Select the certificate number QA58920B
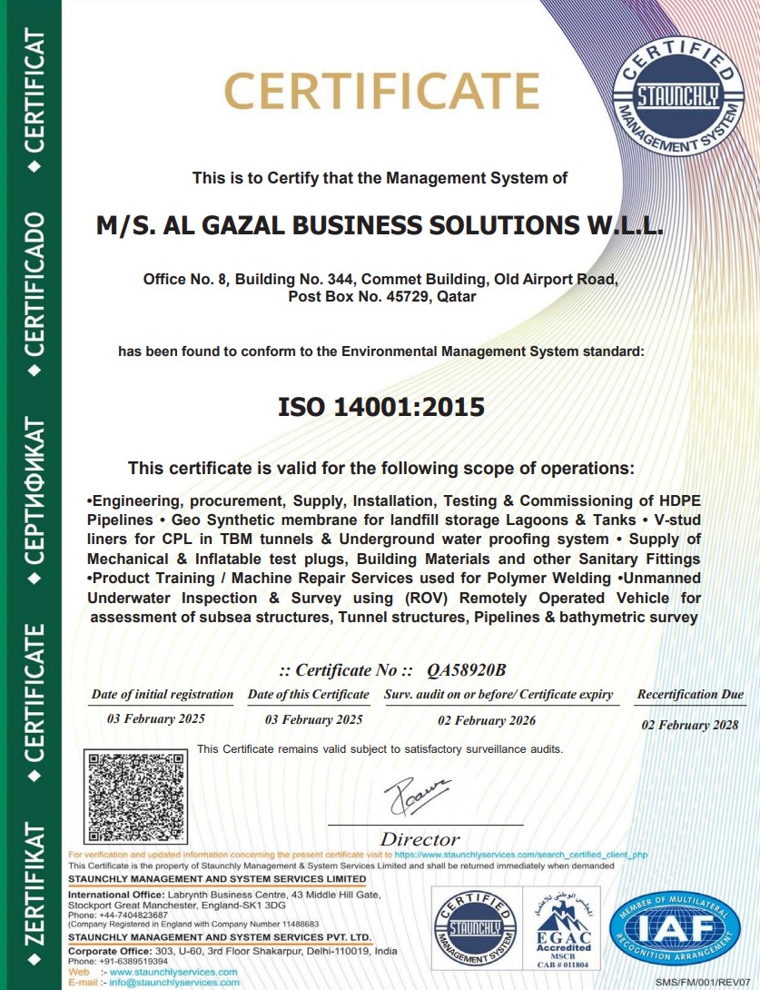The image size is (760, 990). click(x=466, y=670)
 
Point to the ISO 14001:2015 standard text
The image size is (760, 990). click(x=380, y=406)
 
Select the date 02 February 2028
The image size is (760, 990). click(x=690, y=726)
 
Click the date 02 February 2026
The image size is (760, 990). click(x=487, y=720)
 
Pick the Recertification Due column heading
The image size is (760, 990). click(x=690, y=695)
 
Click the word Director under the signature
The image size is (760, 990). click(x=419, y=839)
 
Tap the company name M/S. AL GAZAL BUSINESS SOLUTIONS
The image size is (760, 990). click(x=380, y=226)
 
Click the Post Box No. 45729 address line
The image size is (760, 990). click(x=381, y=297)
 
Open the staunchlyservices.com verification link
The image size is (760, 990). click(x=521, y=855)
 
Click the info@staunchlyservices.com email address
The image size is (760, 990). click(x=174, y=982)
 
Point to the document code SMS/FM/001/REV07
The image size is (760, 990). click(x=706, y=983)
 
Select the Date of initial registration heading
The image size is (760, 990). click(x=163, y=695)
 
